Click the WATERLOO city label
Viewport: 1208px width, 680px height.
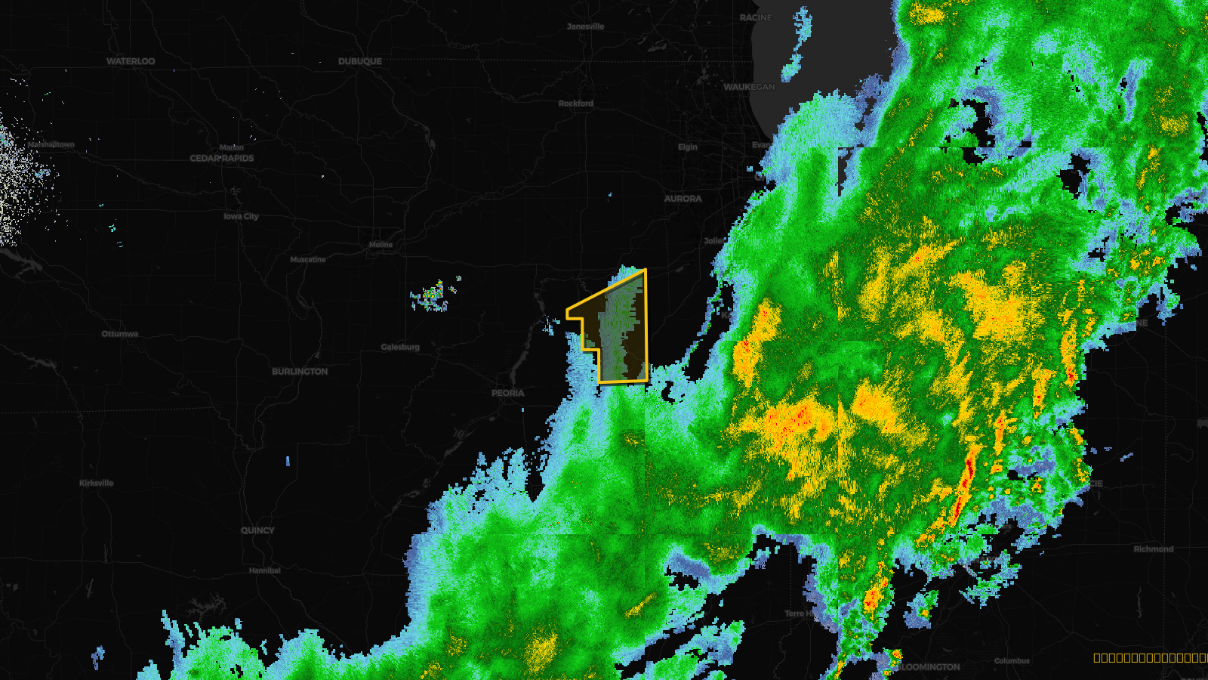(x=131, y=61)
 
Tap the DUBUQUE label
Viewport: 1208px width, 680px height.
(x=360, y=61)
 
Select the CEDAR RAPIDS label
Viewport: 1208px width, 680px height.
(x=222, y=159)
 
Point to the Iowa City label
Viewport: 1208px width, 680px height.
(x=241, y=216)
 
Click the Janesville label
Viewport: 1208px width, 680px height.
(x=586, y=26)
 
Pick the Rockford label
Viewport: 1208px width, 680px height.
(x=576, y=104)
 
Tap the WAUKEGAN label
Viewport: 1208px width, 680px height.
(x=749, y=87)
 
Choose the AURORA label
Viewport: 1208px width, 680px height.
(x=683, y=199)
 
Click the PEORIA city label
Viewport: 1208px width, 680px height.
(x=508, y=393)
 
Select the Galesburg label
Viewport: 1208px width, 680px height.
(x=400, y=348)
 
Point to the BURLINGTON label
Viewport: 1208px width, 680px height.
(x=300, y=372)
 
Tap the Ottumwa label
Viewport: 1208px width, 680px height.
(x=120, y=334)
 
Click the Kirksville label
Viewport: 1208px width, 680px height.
(x=97, y=483)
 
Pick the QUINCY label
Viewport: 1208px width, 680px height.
(x=257, y=530)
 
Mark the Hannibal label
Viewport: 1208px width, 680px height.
(x=265, y=570)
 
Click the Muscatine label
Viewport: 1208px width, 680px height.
(x=308, y=260)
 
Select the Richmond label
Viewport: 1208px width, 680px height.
(x=1153, y=549)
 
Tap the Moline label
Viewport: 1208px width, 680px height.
(x=381, y=245)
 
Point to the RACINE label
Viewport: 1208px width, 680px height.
(x=756, y=17)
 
